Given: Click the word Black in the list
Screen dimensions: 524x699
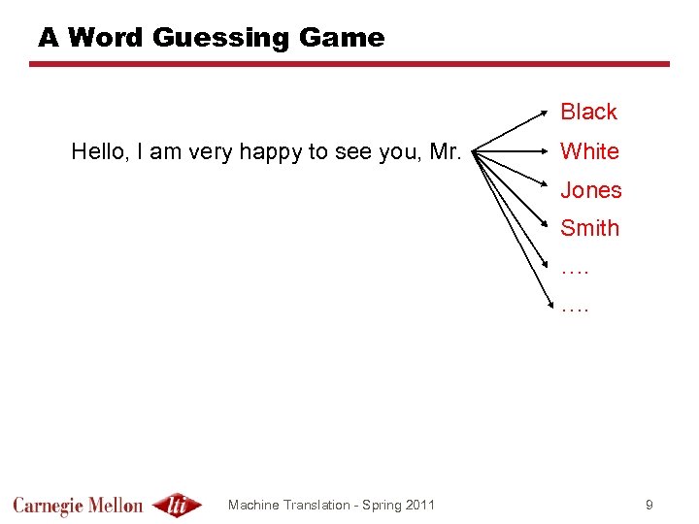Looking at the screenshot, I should (x=588, y=112).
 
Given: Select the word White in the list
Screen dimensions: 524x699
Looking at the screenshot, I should (x=589, y=151).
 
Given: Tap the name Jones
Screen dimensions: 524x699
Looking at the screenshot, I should (x=590, y=190).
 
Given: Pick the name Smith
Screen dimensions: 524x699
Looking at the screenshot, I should (x=589, y=228).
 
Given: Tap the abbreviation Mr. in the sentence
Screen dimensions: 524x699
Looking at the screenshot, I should (x=445, y=151).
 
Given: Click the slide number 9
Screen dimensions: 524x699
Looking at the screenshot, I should (x=649, y=505).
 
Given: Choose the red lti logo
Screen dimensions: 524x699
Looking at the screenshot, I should (x=177, y=505).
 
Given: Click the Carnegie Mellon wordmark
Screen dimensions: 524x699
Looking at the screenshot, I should (x=78, y=506).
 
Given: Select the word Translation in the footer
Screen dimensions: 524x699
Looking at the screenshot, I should (x=325, y=505).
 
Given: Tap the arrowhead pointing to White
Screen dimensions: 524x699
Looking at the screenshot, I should (x=548, y=151).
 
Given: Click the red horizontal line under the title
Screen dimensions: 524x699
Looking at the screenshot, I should (x=349, y=64).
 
